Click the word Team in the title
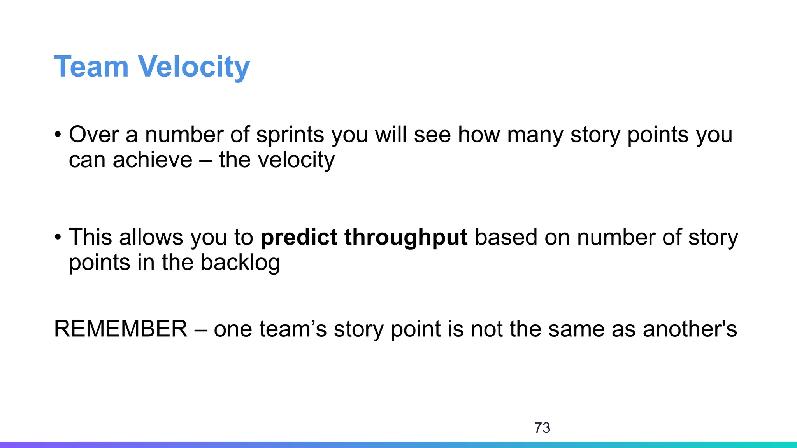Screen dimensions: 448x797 (x=91, y=67)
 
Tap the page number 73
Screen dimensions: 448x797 (x=542, y=428)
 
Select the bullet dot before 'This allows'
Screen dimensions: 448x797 (x=58, y=237)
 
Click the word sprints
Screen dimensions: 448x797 (x=290, y=135)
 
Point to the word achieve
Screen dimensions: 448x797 (x=152, y=160)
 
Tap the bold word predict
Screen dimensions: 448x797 (x=298, y=237)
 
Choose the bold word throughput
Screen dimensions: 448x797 (x=406, y=237)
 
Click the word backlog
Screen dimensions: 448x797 (x=240, y=262)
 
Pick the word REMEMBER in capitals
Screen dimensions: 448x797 (x=121, y=329)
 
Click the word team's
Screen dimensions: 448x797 (x=293, y=329)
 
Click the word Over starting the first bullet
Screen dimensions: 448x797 (x=93, y=135)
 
